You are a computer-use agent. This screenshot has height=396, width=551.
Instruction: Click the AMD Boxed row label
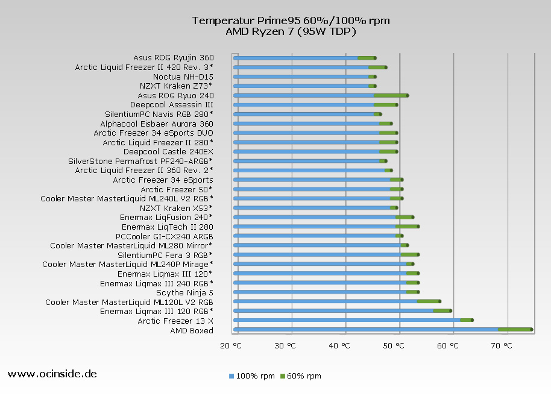tap(191, 330)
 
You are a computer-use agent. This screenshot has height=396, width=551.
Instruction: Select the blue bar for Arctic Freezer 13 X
tap(347, 320)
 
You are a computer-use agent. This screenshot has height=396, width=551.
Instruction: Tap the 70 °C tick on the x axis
tap(502, 345)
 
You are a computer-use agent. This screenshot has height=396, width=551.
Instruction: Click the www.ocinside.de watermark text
tap(52, 374)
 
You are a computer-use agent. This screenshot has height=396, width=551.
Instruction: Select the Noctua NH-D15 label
tap(183, 77)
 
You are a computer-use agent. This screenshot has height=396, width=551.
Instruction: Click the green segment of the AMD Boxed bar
tap(514, 329)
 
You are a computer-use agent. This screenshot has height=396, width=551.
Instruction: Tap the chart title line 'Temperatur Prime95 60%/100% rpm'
tap(291, 20)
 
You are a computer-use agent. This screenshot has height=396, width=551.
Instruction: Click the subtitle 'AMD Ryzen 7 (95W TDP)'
tap(291, 31)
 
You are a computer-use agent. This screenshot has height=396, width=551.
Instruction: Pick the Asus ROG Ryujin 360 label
tap(173, 58)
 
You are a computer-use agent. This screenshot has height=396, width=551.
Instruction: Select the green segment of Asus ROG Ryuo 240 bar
tap(390, 95)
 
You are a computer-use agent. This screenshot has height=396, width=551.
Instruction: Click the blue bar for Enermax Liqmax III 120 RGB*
tap(333, 310)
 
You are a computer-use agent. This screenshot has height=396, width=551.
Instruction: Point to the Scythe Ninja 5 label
tap(184, 292)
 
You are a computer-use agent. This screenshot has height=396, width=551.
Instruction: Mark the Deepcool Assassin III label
tap(171, 104)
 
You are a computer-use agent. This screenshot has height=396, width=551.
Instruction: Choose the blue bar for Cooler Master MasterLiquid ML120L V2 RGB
tap(326, 301)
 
